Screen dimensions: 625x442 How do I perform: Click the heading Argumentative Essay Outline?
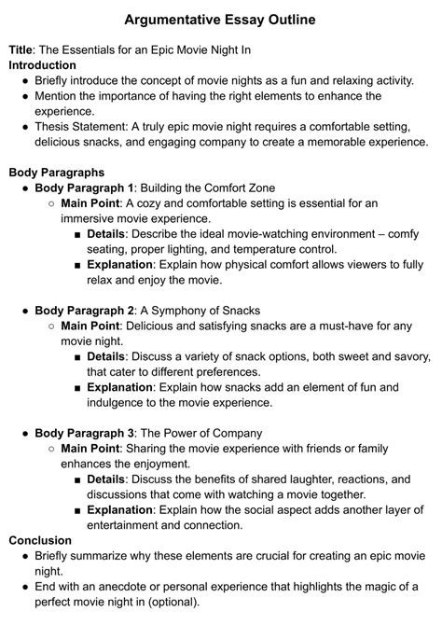(221, 19)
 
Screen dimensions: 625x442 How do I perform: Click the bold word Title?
(21, 49)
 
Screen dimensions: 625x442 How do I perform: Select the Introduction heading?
(42, 65)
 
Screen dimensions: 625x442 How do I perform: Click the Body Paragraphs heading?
(56, 173)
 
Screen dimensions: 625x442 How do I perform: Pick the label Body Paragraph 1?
(84, 187)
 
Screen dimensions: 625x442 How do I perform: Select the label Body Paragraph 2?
(84, 310)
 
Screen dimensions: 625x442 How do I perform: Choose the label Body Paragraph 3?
(84, 433)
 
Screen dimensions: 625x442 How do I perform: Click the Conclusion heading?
(39, 540)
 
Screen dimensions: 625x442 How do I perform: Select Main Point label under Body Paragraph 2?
(91, 326)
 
